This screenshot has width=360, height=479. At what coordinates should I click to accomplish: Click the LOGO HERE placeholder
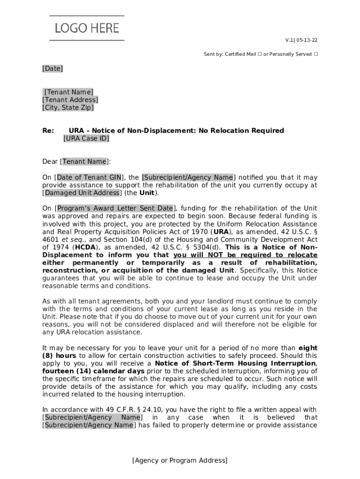(87, 28)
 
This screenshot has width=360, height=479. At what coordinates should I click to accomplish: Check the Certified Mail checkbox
(258, 54)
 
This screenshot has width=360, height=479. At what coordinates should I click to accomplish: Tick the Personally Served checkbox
(316, 54)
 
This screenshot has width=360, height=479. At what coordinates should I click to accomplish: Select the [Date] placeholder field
(52, 69)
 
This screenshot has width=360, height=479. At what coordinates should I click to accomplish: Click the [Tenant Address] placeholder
(70, 100)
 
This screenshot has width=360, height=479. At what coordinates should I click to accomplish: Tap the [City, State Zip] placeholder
(68, 108)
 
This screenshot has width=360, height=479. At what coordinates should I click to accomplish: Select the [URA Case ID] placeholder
(86, 138)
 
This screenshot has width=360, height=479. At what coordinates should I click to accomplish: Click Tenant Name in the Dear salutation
(84, 162)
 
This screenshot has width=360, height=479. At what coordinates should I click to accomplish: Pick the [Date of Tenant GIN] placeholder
(89, 177)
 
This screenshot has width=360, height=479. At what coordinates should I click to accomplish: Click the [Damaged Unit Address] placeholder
(82, 193)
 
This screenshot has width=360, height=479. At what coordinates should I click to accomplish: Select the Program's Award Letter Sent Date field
(115, 208)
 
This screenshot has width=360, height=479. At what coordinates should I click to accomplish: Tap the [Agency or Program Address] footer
(180, 461)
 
